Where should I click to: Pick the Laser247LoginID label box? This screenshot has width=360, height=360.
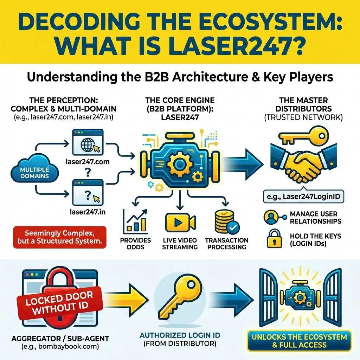tap(303, 197)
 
